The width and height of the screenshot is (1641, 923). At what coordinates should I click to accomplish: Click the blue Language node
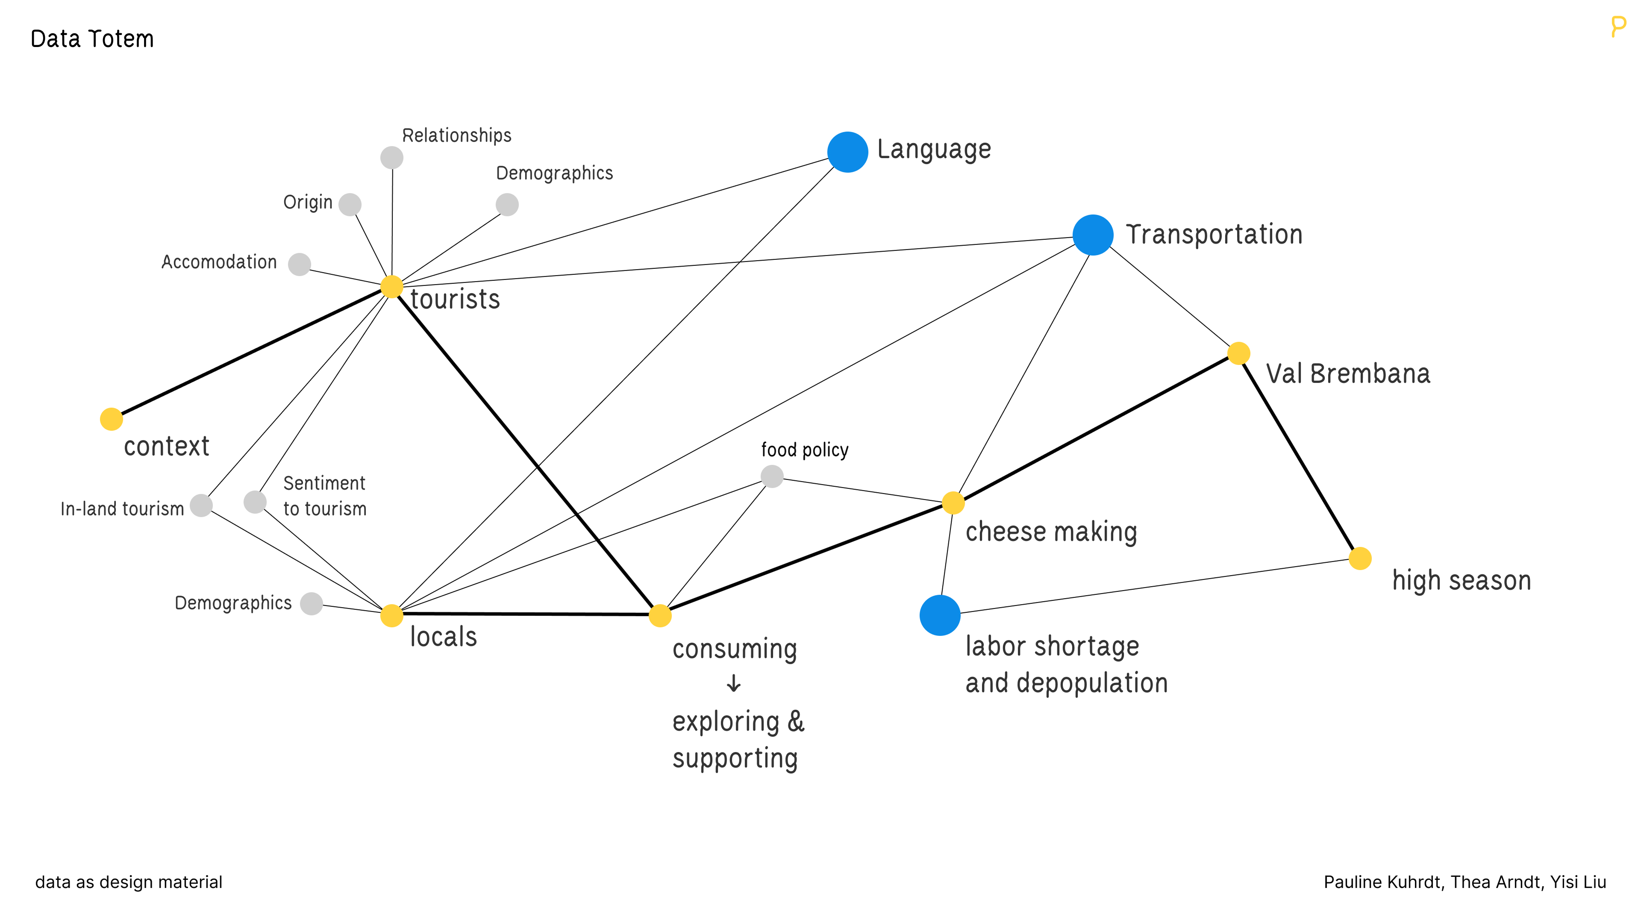(847, 152)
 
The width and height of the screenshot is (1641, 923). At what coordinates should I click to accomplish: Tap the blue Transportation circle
(1093, 235)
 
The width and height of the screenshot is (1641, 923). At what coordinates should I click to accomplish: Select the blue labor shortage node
(940, 615)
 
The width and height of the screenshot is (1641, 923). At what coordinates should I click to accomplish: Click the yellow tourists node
(392, 287)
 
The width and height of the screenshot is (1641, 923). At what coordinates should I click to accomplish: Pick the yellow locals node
(392, 615)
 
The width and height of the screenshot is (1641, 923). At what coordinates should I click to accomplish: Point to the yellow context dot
(112, 419)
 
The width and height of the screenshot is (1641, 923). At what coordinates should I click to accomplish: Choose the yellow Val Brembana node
(1238, 353)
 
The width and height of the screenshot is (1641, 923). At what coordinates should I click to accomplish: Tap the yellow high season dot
(1360, 558)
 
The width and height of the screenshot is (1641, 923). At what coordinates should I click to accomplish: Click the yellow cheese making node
(953, 503)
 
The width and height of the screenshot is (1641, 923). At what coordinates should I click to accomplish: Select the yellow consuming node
(660, 615)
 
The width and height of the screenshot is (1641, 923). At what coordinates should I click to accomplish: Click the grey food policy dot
(772, 476)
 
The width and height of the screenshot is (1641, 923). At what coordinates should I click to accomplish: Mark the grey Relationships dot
(392, 157)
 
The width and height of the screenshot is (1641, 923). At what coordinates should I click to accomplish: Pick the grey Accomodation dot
(300, 264)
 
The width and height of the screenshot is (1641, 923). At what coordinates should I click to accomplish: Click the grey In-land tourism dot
(201, 505)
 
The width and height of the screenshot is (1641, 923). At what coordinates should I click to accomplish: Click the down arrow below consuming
(734, 684)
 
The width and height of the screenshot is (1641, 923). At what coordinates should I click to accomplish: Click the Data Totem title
(92, 39)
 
